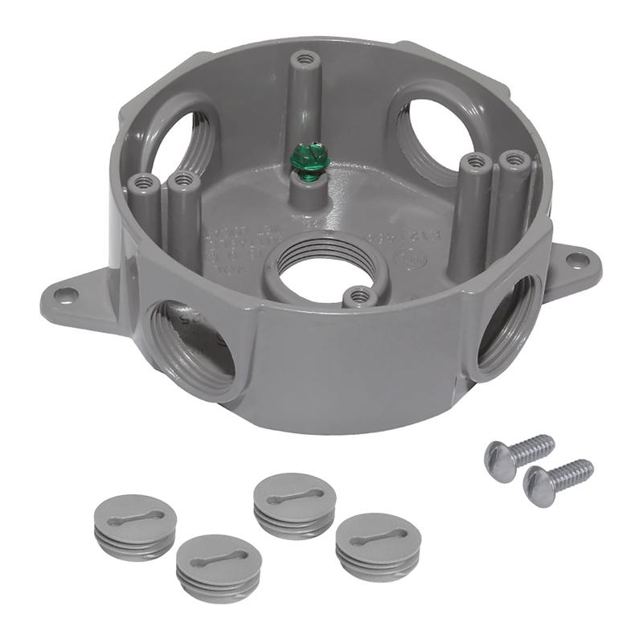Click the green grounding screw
pos(301,160)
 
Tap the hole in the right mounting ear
pos(577,260)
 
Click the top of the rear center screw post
pos(304,59)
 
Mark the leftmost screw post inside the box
pos(145,182)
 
